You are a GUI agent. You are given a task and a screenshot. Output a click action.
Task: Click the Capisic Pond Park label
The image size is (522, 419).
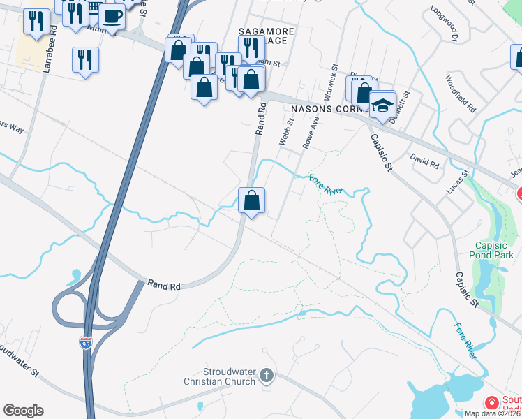tap(494, 250)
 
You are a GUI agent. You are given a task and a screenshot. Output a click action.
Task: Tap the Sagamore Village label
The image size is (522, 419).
tap(267, 36)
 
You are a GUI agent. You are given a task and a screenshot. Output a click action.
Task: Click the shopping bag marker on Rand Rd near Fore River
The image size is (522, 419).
tap(251, 201)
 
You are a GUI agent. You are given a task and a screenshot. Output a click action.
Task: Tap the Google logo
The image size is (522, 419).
tap(23, 411)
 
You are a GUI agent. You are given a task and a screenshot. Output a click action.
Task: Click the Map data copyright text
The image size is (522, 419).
tap(493, 413)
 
